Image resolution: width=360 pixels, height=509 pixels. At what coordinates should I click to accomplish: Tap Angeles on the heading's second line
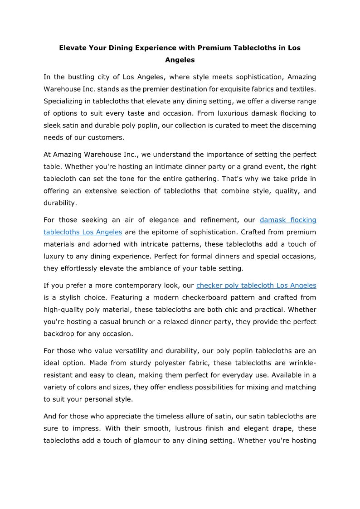180,60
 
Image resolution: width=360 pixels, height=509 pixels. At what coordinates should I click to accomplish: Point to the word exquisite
228,89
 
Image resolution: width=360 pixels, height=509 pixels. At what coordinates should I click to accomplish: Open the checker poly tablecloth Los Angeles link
256,286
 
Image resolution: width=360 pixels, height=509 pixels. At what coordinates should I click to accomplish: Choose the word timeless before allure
177,416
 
